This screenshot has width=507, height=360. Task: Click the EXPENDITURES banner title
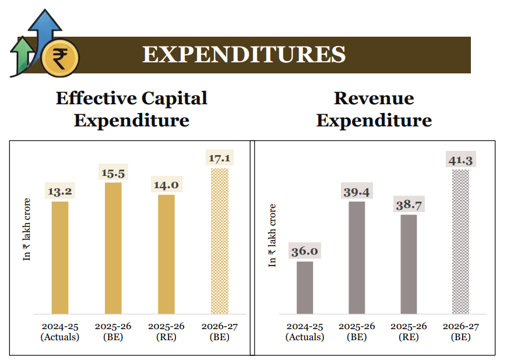pyautogui.click(x=244, y=55)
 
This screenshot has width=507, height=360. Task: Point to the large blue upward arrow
pyautogui.click(x=45, y=29)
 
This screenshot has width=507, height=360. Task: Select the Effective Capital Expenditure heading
pyautogui.click(x=131, y=109)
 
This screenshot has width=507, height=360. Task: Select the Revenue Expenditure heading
pyautogui.click(x=374, y=109)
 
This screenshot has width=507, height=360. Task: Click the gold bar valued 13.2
pyautogui.click(x=60, y=257)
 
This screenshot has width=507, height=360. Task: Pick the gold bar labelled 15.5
pyautogui.click(x=113, y=248)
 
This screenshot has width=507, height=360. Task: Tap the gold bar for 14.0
pyautogui.click(x=166, y=254)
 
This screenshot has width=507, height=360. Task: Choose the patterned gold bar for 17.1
pyautogui.click(x=219, y=241)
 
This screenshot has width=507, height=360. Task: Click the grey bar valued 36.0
pyautogui.click(x=305, y=287)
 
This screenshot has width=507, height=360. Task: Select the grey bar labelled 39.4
pyautogui.click(x=357, y=257)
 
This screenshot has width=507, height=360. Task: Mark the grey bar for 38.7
pyautogui.click(x=409, y=264)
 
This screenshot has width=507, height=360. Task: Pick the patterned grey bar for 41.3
pyautogui.click(x=461, y=241)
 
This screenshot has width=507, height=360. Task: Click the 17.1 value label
pyautogui.click(x=219, y=158)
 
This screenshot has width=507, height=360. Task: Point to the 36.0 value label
pyautogui.click(x=305, y=251)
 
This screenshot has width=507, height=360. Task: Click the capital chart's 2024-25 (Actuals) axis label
pyautogui.click(x=60, y=331)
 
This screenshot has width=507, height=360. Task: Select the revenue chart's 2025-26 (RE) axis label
pyautogui.click(x=409, y=331)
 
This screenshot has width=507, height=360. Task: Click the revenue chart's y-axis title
pyautogui.click(x=272, y=235)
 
